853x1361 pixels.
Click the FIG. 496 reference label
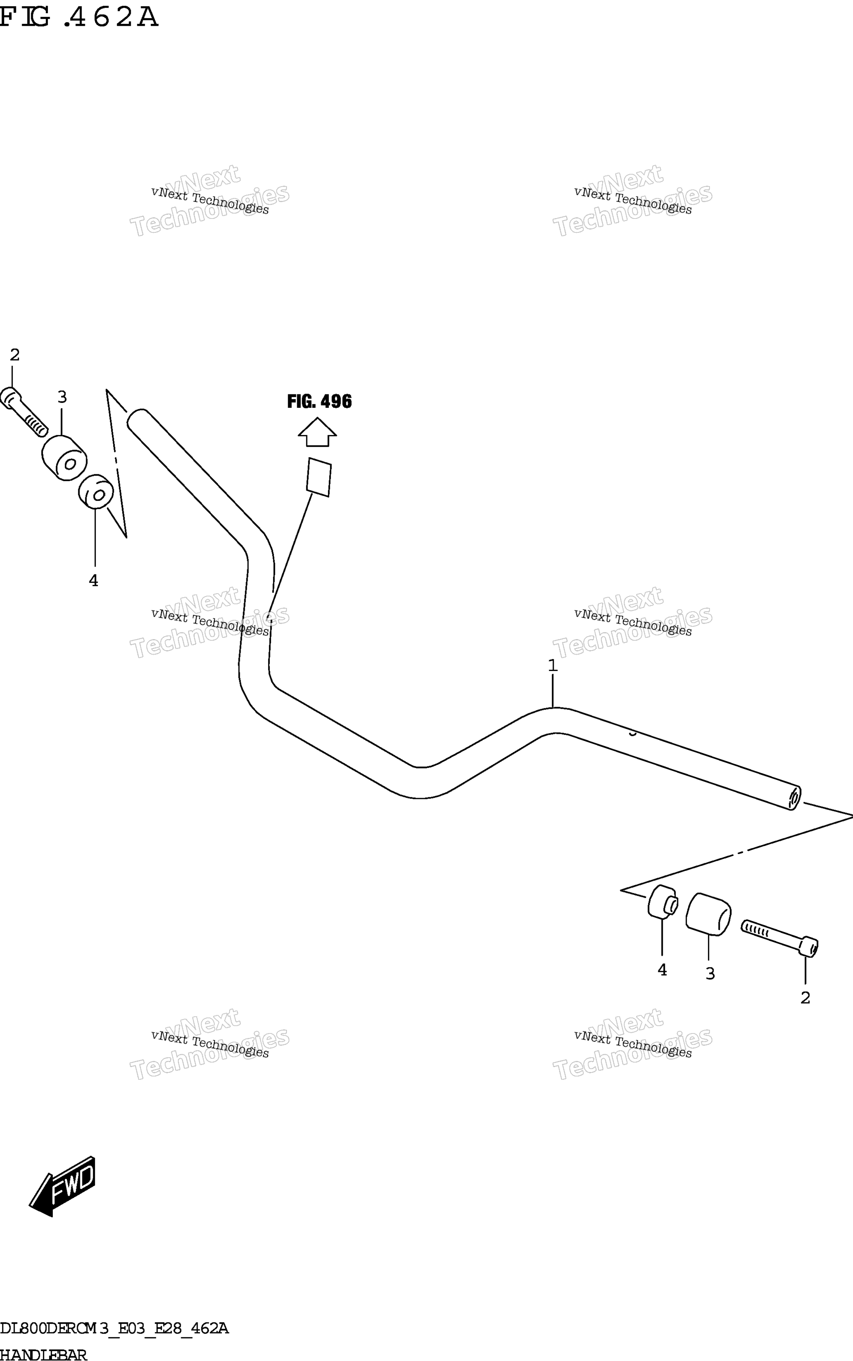(319, 402)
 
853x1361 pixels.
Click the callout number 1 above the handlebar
(553, 666)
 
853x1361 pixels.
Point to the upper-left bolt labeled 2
(23, 412)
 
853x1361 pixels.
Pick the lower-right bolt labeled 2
(780, 938)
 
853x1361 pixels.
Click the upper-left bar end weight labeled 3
(64, 458)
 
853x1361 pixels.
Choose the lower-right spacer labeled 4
(663, 902)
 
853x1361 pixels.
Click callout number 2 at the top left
(15, 355)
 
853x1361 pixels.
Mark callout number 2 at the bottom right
(805, 998)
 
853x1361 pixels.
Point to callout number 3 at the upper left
(62, 397)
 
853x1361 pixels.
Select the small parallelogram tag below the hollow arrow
(319, 477)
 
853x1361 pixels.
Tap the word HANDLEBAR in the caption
(43, 1355)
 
